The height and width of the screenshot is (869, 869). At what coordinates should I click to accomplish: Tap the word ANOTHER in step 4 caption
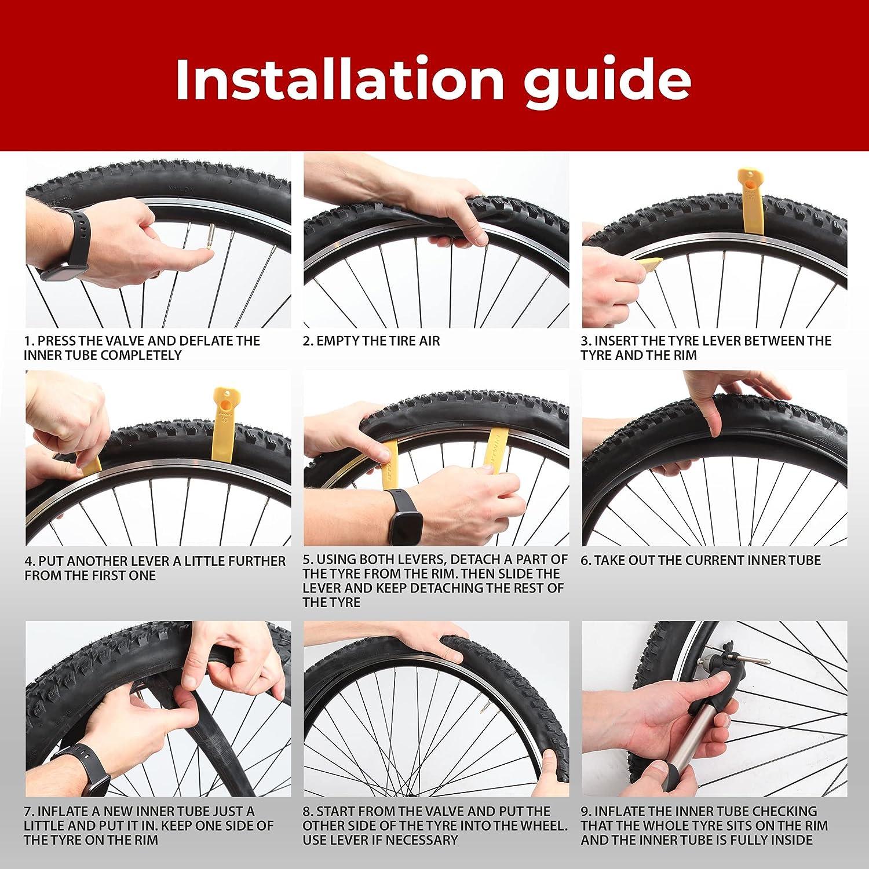click(93, 561)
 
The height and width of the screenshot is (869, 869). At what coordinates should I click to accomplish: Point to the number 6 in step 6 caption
click(585, 560)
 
